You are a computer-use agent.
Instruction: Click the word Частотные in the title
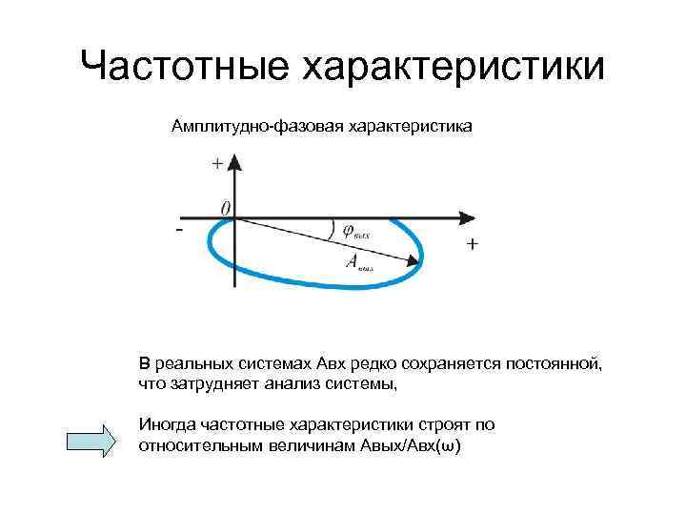tap(182, 68)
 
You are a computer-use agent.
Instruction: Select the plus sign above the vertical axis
tap(218, 163)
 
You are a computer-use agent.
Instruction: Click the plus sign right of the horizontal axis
tap(474, 245)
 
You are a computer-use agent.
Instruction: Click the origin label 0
tap(226, 207)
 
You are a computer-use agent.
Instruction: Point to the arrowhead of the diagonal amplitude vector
tap(414, 259)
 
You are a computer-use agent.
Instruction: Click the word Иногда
tap(166, 425)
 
